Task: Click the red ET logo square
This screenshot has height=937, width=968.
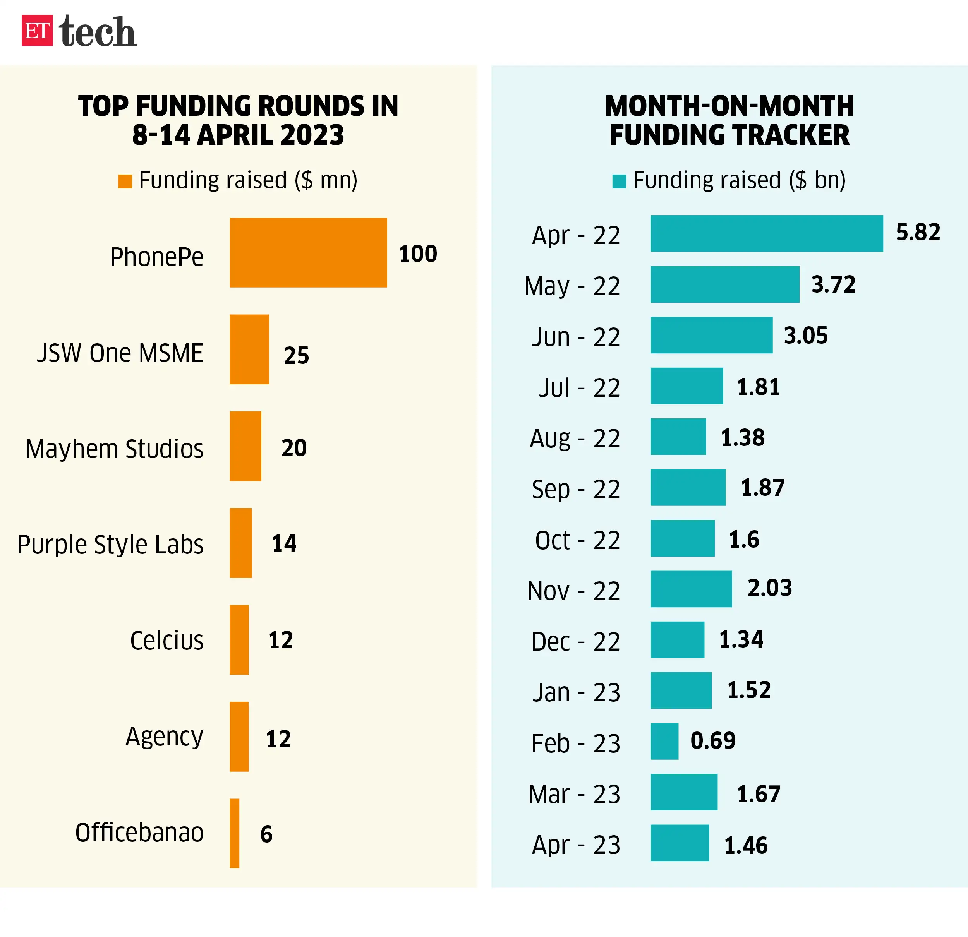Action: pos(37,31)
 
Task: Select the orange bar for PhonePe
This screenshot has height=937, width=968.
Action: pos(308,252)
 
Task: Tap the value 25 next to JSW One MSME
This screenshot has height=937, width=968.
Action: pos(296,355)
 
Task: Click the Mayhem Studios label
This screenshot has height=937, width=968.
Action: pos(115,449)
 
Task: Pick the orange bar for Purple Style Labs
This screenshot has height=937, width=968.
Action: pos(240,543)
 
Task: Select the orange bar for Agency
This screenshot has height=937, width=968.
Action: pos(239,736)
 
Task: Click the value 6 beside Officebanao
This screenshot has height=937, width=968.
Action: pos(266,834)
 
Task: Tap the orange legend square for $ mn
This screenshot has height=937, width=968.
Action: pos(125,181)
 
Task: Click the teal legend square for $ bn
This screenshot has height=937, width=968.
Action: pos(619,181)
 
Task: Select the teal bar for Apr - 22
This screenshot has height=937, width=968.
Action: pos(767,233)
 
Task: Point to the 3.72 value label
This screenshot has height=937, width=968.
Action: pos(833,284)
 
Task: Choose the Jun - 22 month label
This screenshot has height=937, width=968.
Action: pos(575,337)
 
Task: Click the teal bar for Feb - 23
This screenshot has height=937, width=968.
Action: pos(664,741)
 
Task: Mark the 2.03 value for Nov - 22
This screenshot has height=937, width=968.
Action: pos(769,588)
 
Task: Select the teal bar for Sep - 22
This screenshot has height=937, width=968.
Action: pos(688,487)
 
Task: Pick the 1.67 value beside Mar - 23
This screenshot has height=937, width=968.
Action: pos(759,794)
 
